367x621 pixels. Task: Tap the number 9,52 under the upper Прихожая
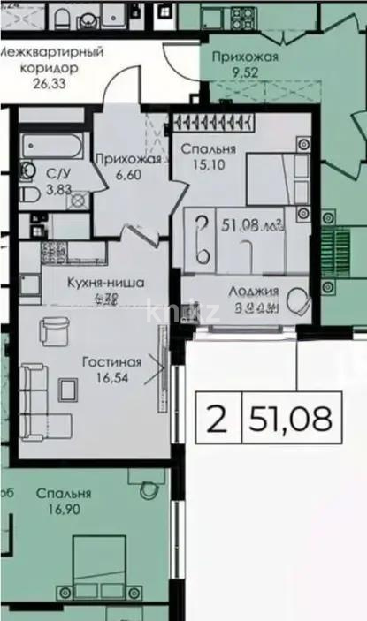(245, 74)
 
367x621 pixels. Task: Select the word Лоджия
(254, 291)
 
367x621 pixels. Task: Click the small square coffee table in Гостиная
(66, 388)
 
